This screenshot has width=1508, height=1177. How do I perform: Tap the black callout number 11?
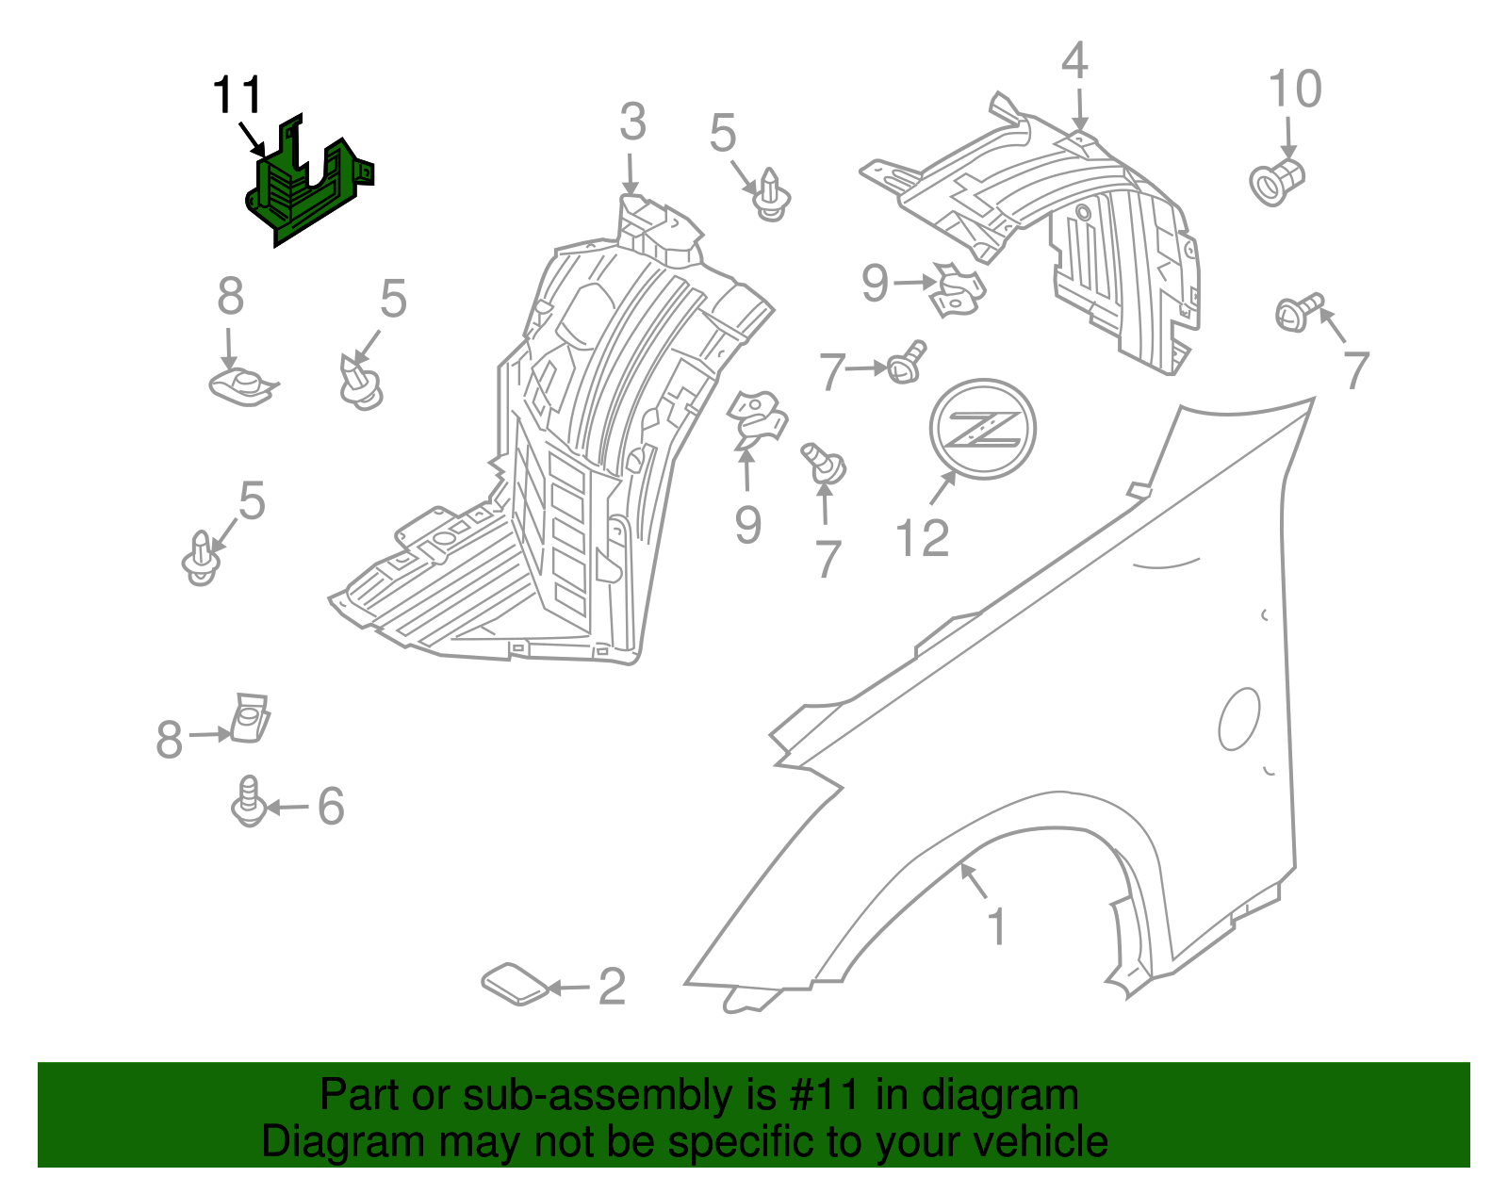pos(237,96)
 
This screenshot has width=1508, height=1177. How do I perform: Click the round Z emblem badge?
pos(982,430)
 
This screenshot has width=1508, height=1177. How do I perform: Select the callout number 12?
pos(922,539)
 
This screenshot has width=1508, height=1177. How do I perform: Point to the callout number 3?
pos(632,123)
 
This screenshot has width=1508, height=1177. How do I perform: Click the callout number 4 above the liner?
pos(1074,62)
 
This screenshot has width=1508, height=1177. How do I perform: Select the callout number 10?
pos(1295,90)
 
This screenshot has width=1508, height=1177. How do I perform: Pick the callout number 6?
pos(331,807)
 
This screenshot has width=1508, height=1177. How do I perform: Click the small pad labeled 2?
pos(515,983)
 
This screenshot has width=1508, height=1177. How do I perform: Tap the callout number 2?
pos(612,987)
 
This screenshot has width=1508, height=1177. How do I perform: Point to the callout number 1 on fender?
pos(996,927)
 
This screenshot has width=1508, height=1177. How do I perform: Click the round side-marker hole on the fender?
pos(1238,719)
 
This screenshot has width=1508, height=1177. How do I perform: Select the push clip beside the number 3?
pos(772,195)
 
